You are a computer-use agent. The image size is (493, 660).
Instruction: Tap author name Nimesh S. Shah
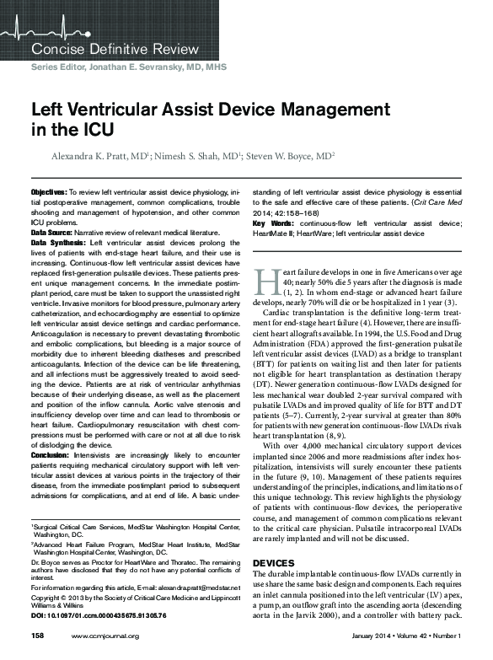point(200,156)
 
